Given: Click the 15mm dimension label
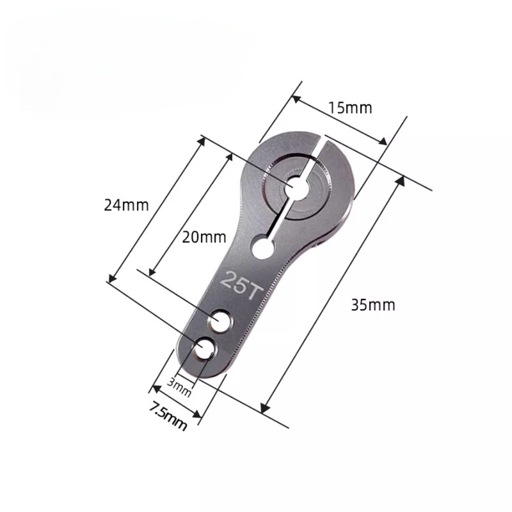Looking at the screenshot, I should [349, 108].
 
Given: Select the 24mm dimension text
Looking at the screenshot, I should [127, 205].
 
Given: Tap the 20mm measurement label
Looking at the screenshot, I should [200, 237].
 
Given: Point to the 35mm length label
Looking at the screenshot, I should [373, 305].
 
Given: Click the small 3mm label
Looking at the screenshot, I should [179, 387].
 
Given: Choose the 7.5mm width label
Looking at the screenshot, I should [168, 415].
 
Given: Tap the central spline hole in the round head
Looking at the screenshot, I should [297, 186].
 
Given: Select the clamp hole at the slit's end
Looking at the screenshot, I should [262, 247].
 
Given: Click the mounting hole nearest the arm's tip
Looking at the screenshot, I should [205, 348].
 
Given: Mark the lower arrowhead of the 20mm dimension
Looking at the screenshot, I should [152, 271].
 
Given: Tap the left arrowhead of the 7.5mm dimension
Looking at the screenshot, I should [154, 387].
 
